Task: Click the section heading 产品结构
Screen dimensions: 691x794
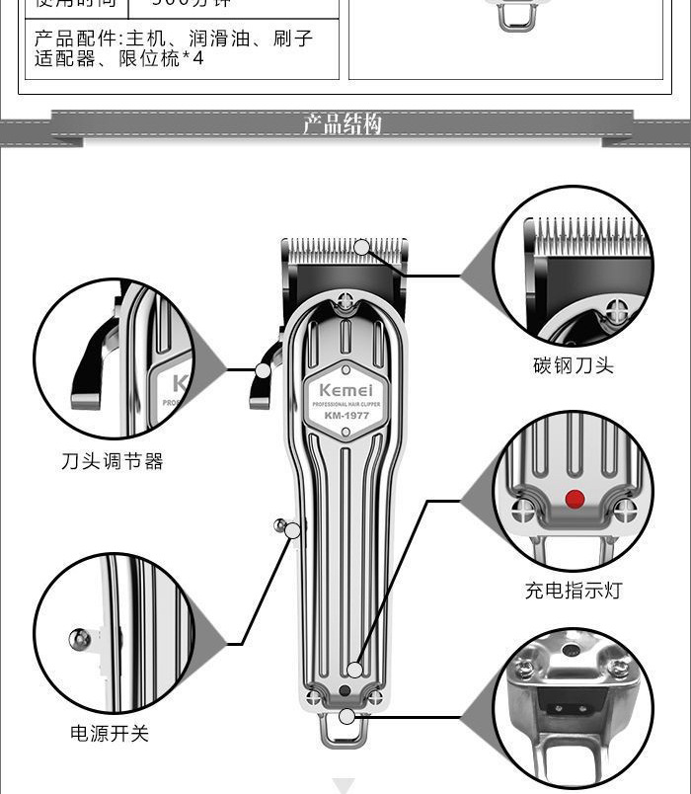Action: [x=342, y=124]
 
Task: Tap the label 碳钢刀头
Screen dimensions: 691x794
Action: [x=574, y=365]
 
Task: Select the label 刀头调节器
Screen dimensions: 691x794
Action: [x=112, y=461]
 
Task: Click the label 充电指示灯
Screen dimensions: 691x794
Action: [x=574, y=591]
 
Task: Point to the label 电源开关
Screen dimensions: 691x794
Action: [x=110, y=734]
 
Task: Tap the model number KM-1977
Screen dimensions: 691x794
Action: [x=345, y=415]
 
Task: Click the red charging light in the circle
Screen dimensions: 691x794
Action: [x=574, y=499]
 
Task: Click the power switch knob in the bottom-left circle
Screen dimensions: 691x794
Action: [x=80, y=639]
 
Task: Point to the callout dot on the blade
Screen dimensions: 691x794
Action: [x=362, y=247]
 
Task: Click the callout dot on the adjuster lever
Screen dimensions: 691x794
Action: [x=263, y=370]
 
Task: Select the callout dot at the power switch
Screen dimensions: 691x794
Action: [x=292, y=530]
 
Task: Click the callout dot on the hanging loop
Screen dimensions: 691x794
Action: [x=345, y=716]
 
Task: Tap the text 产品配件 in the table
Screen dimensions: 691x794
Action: [x=75, y=40]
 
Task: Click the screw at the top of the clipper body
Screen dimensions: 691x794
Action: [x=345, y=301]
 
